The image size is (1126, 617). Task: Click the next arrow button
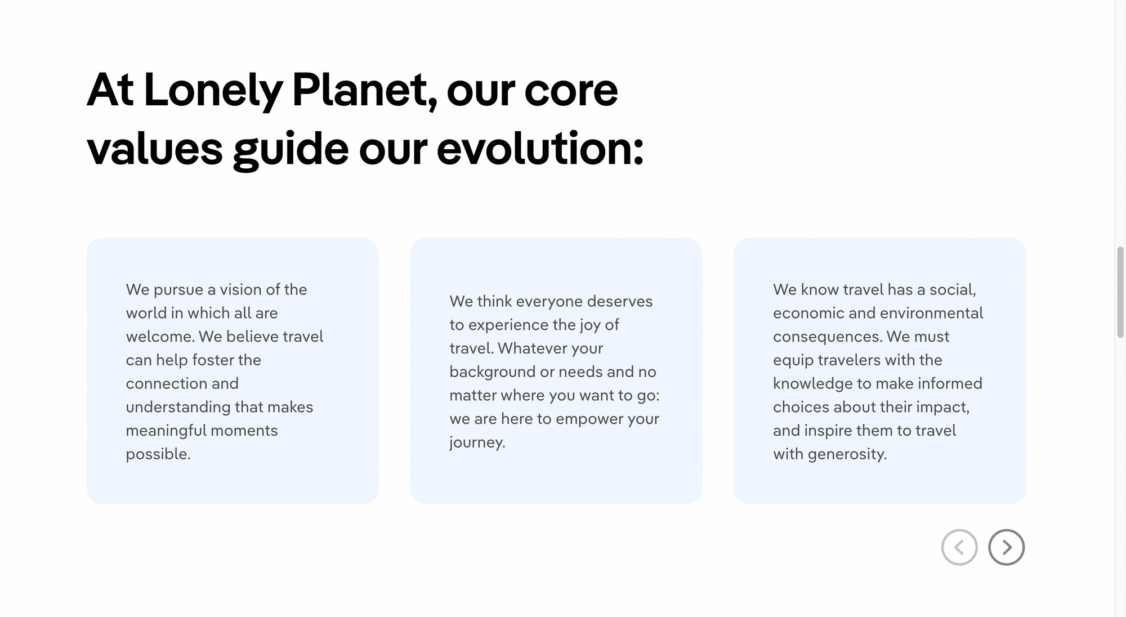point(1006,547)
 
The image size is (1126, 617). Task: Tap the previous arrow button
point(959,547)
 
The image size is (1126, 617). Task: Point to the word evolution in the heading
point(540,149)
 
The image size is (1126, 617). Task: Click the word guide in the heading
point(291,151)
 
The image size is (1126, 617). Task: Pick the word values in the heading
point(155,149)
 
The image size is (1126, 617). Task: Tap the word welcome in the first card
point(160,337)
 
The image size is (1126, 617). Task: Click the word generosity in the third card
point(847,454)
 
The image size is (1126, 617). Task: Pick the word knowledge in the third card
point(812,384)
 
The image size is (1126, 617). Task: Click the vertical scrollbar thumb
point(1120,292)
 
